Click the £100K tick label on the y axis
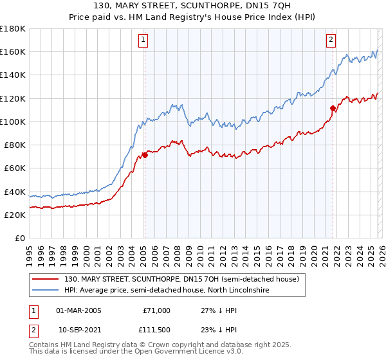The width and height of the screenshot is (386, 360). [12, 122]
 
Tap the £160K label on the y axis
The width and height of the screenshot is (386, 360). [12, 52]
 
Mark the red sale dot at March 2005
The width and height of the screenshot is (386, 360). [145, 155]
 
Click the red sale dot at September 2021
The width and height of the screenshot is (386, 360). [333, 108]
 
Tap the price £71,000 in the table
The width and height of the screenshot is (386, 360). [156, 310]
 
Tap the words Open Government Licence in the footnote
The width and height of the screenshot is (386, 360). [176, 353]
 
